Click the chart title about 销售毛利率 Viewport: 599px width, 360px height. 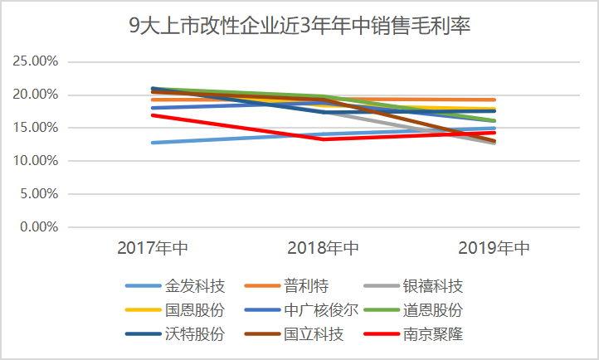(x=299, y=26)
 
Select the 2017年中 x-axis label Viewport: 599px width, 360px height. (x=153, y=248)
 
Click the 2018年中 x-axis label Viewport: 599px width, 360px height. (x=324, y=248)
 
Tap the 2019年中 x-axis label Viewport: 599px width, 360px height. (x=494, y=248)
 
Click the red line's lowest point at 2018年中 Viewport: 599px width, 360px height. (x=324, y=139)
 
